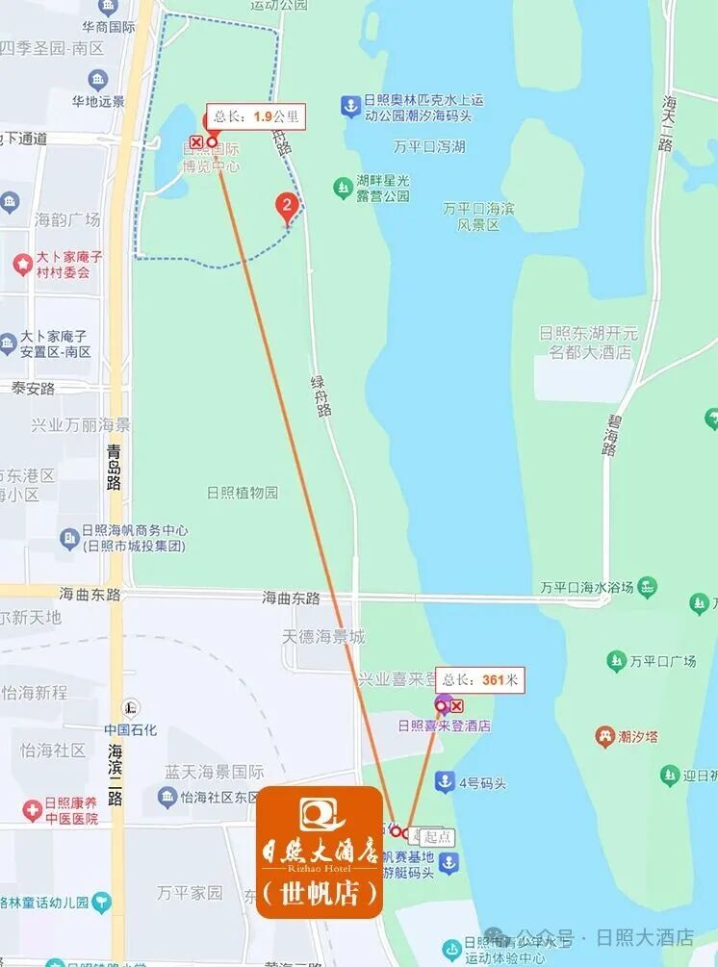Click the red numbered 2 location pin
(286, 205)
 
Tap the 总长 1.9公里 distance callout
(257, 116)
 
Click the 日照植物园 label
(243, 493)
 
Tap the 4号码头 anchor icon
(445, 781)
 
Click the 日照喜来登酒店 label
(445, 725)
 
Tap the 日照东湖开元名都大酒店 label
(588, 343)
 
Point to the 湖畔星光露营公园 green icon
(342, 187)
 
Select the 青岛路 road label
(115, 467)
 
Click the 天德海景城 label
(323, 637)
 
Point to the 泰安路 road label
(34, 388)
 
